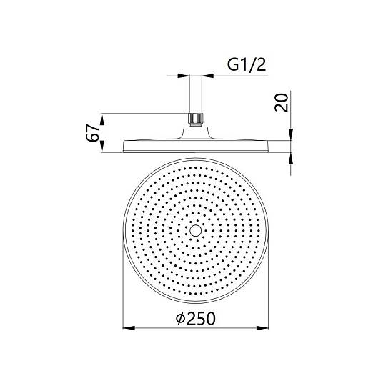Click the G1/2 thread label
pyautogui.click(x=247, y=65)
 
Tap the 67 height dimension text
pyautogui.click(x=92, y=133)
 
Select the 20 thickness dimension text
pyautogui.click(x=282, y=102)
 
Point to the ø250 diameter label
pyautogui.click(x=196, y=318)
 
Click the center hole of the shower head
pyautogui.click(x=196, y=230)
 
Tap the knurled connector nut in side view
pyautogui.click(x=196, y=119)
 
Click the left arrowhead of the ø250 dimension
pyautogui.click(x=129, y=328)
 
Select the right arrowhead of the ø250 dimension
pyautogui.click(x=262, y=328)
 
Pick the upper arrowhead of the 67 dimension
pyautogui.click(x=102, y=119)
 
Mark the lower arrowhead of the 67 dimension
pyautogui.click(x=102, y=147)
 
